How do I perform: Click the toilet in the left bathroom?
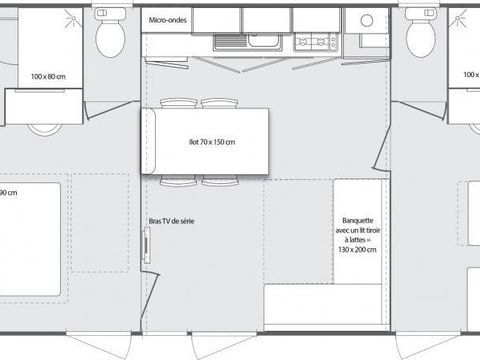tap(109, 38)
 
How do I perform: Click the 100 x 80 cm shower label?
tap(46, 76)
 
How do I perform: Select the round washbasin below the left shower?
tap(43, 128)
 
